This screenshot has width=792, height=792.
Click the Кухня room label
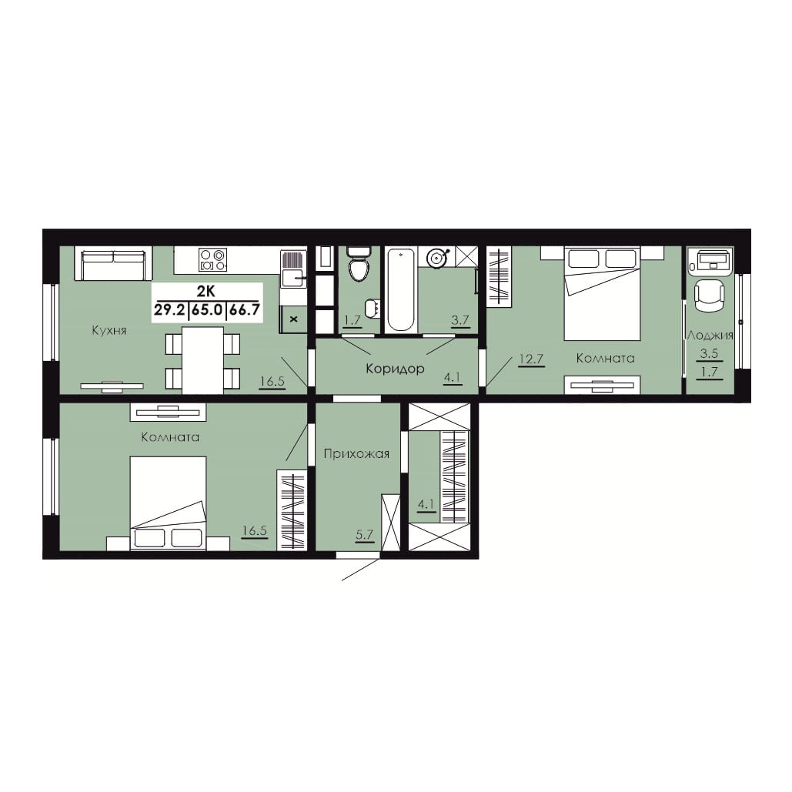point(109,331)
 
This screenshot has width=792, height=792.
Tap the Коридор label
point(395,369)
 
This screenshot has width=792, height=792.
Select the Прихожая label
point(356,454)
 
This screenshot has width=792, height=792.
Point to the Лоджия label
point(710,336)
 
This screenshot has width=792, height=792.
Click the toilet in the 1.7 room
point(359,264)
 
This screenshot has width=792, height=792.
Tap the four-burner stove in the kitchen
point(212,259)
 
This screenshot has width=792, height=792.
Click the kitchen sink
point(293,278)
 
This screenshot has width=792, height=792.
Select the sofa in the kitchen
point(114,263)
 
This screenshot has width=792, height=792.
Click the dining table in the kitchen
point(202,360)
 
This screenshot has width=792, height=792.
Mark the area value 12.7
point(531,359)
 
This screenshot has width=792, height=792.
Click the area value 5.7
point(364,535)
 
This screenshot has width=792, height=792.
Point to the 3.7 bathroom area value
point(460,320)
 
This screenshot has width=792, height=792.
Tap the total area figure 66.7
point(245,310)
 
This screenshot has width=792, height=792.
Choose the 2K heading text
point(206,292)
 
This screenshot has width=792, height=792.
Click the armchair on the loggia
point(710,296)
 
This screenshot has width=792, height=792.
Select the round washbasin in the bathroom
point(436,258)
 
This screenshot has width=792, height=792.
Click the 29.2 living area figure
point(169,310)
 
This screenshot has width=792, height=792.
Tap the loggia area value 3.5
point(710,353)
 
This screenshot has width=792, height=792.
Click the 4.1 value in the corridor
point(453,378)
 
